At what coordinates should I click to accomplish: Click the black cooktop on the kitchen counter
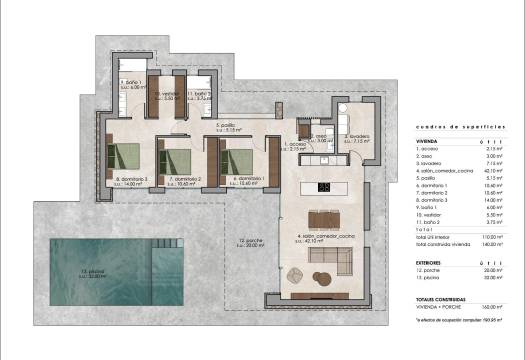[x=325, y=186]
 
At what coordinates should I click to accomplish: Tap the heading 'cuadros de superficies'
[x=453, y=129]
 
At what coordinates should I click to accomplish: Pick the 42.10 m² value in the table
[x=491, y=171]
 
